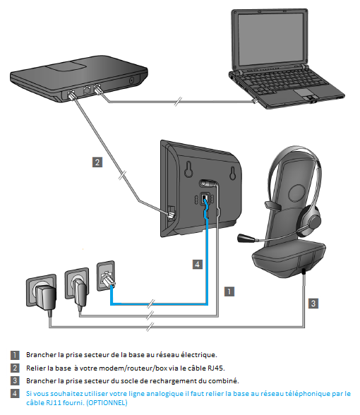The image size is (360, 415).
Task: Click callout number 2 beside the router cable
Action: coord(97,162)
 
